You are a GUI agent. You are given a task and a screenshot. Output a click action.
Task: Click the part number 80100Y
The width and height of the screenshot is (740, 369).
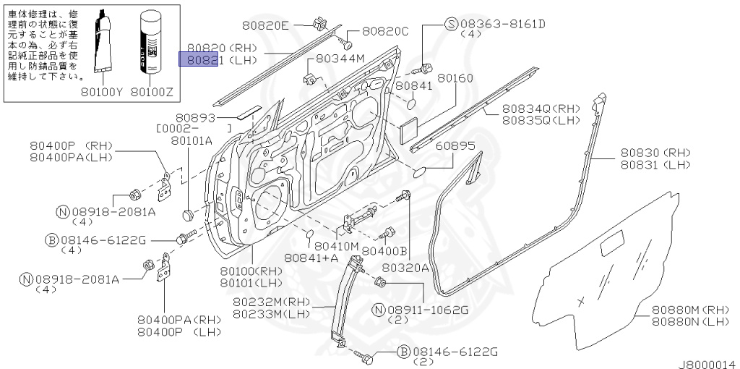[103, 92]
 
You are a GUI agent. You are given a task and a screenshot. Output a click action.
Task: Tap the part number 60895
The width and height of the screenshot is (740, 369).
[455, 145]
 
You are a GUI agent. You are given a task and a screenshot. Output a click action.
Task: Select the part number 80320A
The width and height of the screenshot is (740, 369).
[405, 267]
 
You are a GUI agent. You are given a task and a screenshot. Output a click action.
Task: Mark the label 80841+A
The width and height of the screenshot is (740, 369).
[311, 257]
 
